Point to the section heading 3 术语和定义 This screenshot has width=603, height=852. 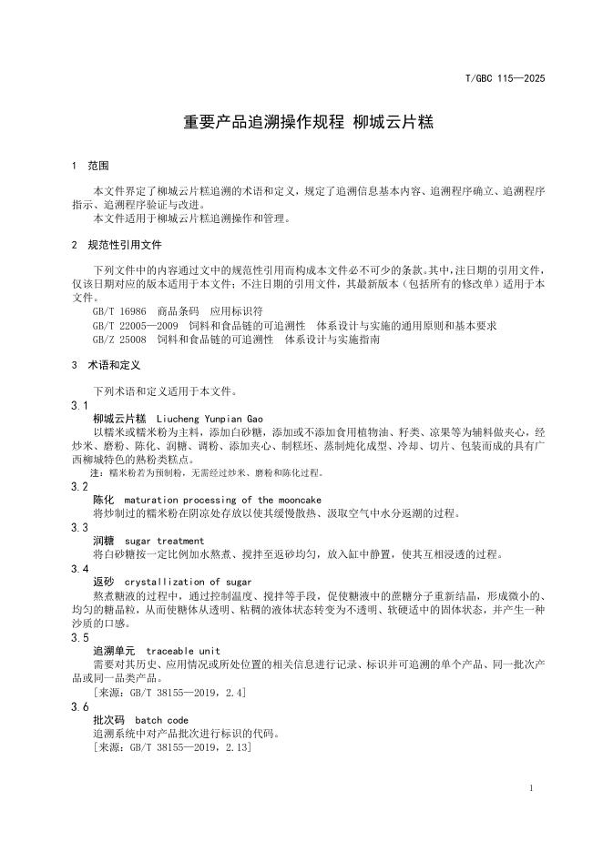[x=105, y=364]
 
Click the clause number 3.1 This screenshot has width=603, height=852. [x=79, y=404]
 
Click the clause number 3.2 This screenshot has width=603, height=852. [x=79, y=487]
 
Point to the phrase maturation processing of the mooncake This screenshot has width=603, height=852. [x=222, y=501]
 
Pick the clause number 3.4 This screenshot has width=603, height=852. [x=79, y=568]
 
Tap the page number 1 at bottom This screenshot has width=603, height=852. [x=531, y=786]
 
